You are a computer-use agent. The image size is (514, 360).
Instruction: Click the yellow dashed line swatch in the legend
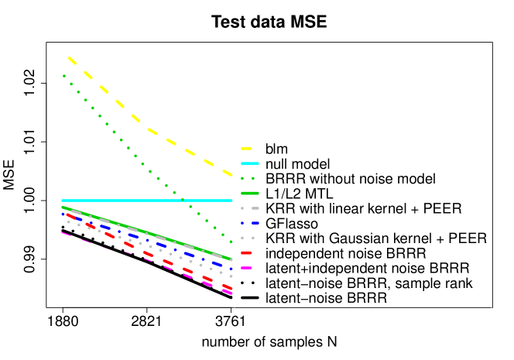coord(246,148)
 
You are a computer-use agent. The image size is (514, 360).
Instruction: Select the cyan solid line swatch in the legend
coord(249,163)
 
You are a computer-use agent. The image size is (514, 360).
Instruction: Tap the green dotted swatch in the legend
coord(247,178)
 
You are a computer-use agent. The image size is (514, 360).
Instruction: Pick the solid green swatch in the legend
coord(249,193)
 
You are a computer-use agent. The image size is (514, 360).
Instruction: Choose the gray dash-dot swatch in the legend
coord(249,208)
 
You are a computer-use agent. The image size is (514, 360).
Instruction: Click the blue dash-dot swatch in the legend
coord(249,223)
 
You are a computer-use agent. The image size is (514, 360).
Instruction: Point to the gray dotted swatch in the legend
coord(247,238)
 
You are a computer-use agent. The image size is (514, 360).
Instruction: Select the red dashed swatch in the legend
coord(246,252)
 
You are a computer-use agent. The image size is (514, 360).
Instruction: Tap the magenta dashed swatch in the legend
coord(246,268)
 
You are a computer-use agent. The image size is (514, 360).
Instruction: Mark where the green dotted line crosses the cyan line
coord(182,201)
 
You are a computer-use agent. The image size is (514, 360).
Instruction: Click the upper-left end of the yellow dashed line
coord(70,58)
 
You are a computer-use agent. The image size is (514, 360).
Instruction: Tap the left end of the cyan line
coord(63,201)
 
